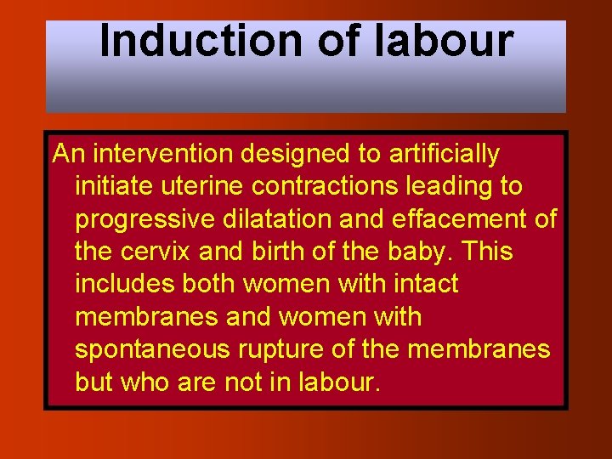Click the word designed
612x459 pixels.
tap(278, 154)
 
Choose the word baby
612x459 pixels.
tap(426, 252)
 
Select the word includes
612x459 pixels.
tap(119, 284)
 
